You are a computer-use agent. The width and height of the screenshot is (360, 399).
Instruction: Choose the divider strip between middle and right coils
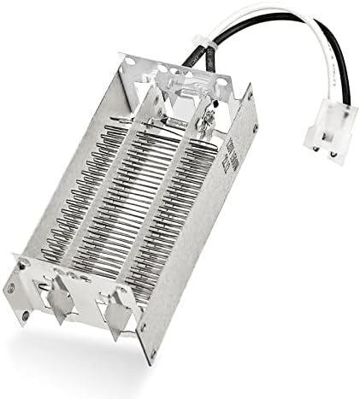pyautogui.click(x=180, y=205)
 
